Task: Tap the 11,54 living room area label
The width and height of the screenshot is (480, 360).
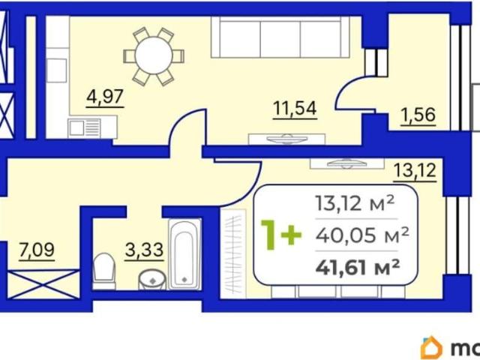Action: [295, 109]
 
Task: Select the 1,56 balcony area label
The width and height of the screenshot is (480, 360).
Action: [418, 115]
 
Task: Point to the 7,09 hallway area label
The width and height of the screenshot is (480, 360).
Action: [37, 250]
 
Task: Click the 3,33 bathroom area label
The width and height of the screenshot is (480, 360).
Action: [144, 250]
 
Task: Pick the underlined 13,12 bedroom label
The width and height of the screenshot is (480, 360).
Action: [415, 172]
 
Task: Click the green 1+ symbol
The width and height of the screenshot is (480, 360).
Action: [280, 235]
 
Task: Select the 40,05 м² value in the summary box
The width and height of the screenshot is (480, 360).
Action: [362, 235]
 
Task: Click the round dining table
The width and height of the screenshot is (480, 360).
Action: [154, 55]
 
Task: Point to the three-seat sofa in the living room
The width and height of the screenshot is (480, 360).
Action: [280, 37]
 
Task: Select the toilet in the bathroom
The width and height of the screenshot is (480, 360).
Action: [103, 271]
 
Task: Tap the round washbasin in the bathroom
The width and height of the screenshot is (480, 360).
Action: [152, 280]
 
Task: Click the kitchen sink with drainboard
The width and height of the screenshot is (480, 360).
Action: [85, 127]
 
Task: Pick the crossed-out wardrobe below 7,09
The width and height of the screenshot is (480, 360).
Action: [43, 284]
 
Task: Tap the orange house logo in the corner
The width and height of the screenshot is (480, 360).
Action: [432, 348]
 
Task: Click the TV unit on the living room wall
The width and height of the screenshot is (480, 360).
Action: [286, 139]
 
